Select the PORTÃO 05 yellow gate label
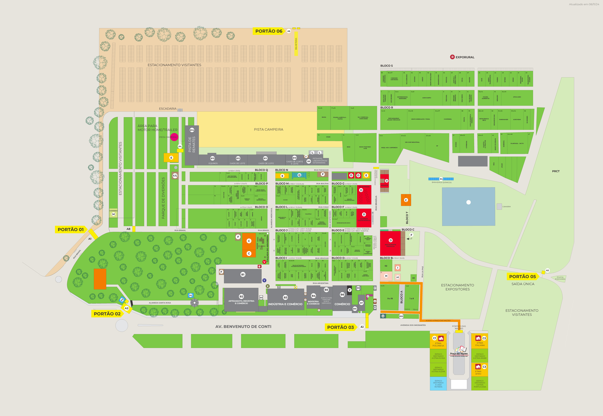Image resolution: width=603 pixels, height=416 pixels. pyautogui.click(x=522, y=277)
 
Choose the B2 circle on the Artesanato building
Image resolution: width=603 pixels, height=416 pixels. pyautogui.click(x=241, y=296)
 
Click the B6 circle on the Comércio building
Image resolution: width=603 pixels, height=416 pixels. pyautogui.click(x=342, y=295)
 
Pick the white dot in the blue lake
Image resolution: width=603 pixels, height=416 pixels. pyautogui.click(x=468, y=202)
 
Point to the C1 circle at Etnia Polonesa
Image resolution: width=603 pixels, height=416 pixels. pyautogui.click(x=434, y=338)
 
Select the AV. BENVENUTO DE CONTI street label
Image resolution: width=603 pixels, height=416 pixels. pyautogui.click(x=243, y=327)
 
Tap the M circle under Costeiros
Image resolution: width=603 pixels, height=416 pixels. pyautogui.click(x=113, y=214)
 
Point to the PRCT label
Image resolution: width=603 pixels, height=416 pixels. pyautogui.click(x=556, y=171)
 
